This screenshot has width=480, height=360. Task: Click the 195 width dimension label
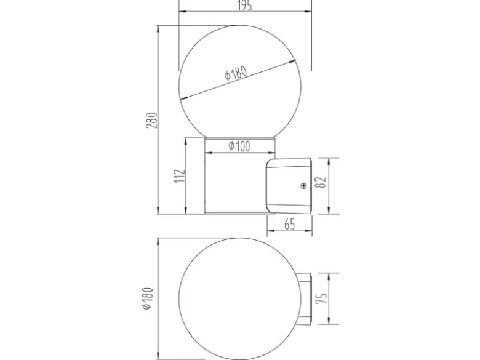click(245, 5)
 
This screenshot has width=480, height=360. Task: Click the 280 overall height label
click(152, 120)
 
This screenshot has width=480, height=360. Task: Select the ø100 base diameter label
click(239, 146)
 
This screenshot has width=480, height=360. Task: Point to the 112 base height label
click(180, 176)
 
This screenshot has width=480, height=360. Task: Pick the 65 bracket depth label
click(290, 225)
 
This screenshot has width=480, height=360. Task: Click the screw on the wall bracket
click(303, 185)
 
